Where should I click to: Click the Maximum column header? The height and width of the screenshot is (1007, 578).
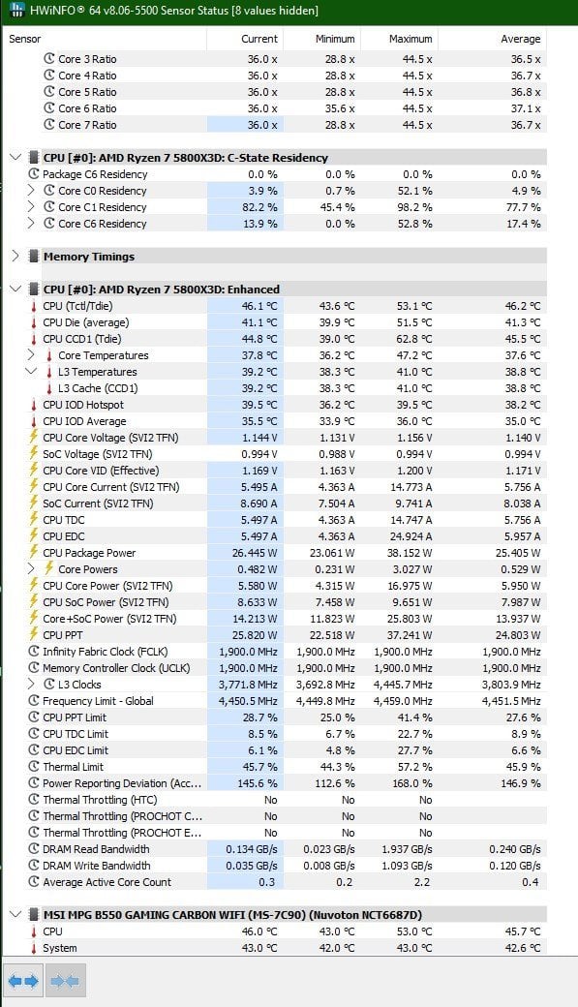(x=411, y=39)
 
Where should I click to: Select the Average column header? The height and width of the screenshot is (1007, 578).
(x=520, y=39)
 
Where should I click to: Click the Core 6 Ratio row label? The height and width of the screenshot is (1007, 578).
(x=87, y=108)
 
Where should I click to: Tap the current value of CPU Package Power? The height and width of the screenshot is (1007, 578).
(x=255, y=553)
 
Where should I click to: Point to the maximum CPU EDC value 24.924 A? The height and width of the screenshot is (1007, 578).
(x=411, y=536)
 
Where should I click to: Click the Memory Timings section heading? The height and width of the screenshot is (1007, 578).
(x=89, y=257)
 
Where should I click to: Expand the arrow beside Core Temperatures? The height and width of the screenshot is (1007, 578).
(x=31, y=355)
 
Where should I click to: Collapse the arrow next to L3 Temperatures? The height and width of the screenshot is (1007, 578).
(x=31, y=371)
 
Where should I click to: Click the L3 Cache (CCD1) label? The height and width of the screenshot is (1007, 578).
(x=98, y=388)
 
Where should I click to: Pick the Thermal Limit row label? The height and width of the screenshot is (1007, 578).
(x=73, y=767)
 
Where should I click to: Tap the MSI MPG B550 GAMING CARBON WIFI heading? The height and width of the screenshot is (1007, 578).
(x=232, y=914)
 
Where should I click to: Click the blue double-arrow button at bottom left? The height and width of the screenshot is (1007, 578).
(x=23, y=981)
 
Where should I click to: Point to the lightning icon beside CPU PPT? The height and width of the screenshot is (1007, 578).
(x=34, y=634)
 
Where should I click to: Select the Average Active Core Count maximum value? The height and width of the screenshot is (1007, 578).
(x=422, y=882)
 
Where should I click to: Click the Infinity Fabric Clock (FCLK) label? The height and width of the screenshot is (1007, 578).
(x=105, y=652)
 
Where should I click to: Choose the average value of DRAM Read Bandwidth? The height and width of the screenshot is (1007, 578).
(x=515, y=849)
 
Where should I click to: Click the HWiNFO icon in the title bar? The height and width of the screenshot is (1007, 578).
(x=17, y=11)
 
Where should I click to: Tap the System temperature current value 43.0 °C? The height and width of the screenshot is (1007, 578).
(x=259, y=948)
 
